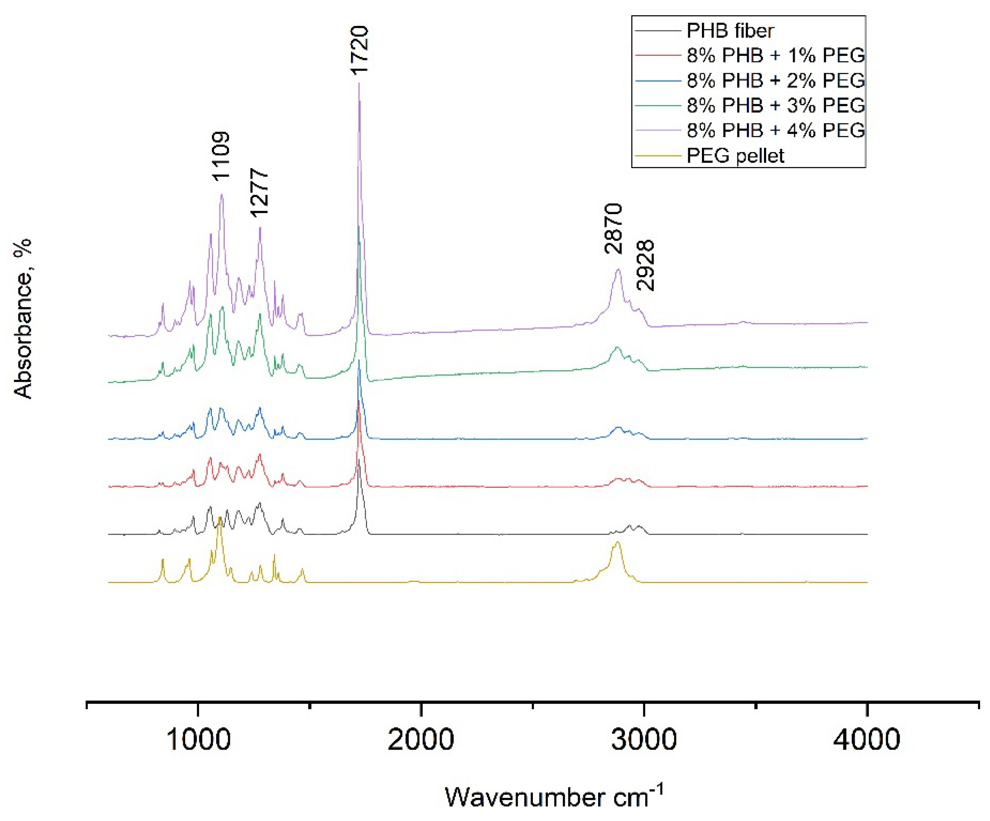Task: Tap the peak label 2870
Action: [614, 229]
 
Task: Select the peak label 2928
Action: [645, 265]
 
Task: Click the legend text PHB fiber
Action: [730, 31]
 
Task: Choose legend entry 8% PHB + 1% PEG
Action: [775, 56]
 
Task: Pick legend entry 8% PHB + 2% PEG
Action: [775, 81]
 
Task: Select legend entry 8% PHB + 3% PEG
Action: [775, 105]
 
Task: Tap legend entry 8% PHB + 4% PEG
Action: [775, 130]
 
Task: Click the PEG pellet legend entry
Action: [735, 156]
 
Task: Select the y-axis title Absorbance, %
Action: [23, 319]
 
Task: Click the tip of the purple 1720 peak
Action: [359, 83]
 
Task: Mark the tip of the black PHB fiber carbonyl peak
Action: [359, 460]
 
